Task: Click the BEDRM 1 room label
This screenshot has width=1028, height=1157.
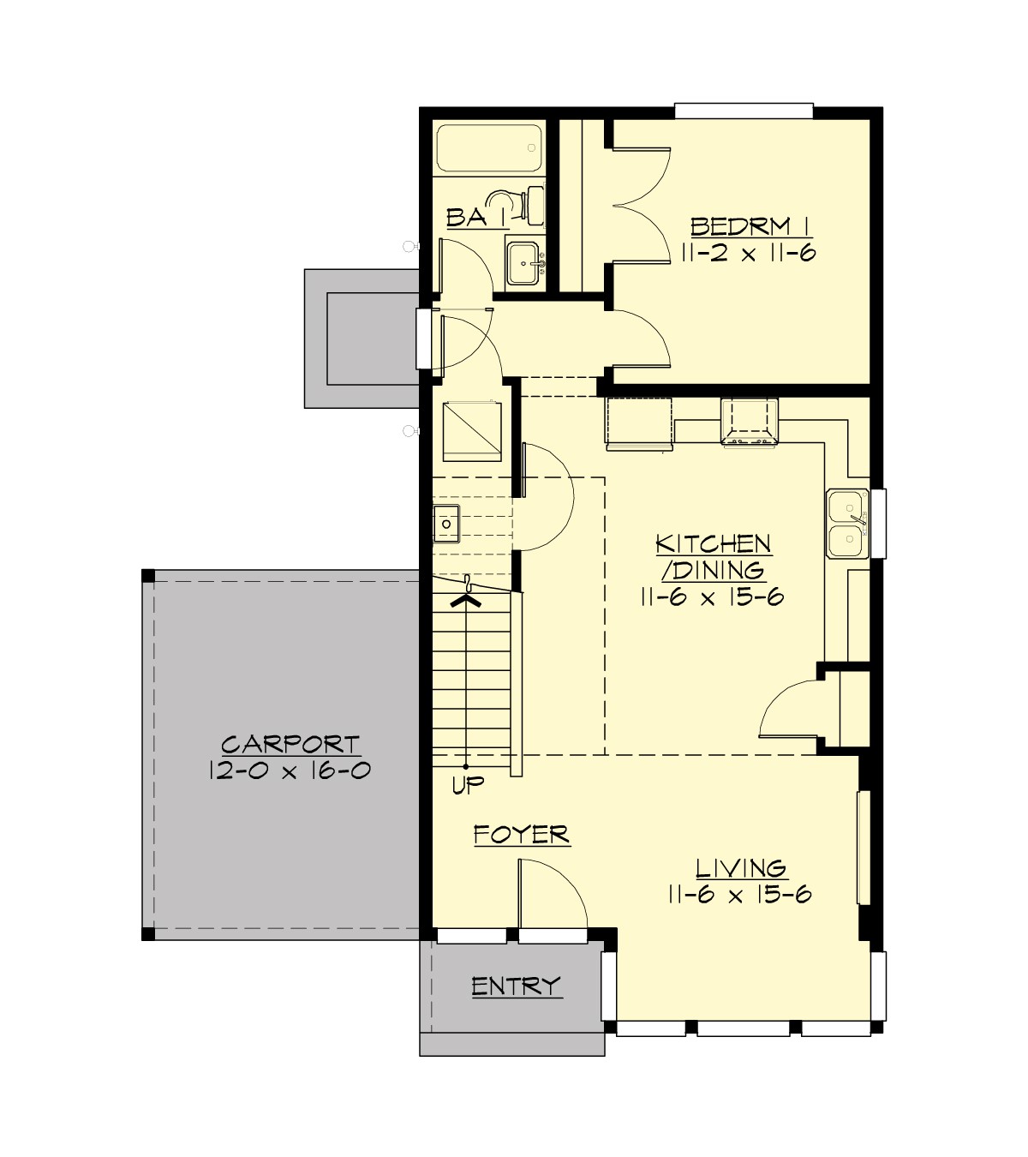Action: tap(750, 226)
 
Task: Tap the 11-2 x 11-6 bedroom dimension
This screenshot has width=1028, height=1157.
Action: tap(749, 253)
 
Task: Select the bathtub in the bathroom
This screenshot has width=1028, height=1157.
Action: tap(489, 149)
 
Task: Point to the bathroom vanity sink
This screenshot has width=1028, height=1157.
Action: tap(523, 261)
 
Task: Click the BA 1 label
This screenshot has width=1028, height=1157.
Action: tap(468, 218)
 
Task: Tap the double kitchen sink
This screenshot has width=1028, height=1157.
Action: tap(846, 523)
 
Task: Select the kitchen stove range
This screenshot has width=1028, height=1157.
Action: tap(750, 423)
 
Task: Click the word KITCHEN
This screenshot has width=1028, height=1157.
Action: tap(713, 543)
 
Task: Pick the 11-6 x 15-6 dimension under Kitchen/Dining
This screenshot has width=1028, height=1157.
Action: tap(712, 597)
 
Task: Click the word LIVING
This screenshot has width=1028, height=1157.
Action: tap(740, 868)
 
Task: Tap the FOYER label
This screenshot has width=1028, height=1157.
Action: tap(521, 834)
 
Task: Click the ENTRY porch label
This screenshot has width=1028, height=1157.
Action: tap(517, 986)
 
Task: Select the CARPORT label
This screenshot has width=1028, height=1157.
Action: tap(290, 744)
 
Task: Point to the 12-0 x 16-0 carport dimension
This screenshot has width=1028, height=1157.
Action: tap(290, 770)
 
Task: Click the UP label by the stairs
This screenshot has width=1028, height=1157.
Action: tap(468, 785)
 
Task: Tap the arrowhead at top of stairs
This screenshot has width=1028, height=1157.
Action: tap(466, 601)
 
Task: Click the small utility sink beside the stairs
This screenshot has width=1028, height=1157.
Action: tap(446, 523)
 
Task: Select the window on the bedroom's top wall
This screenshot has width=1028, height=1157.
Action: tap(743, 110)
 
